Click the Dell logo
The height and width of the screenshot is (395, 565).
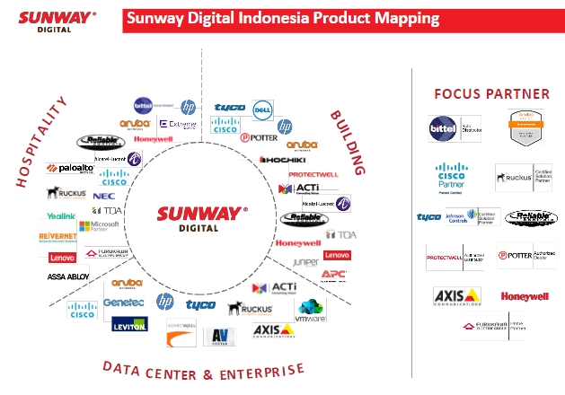click(262, 110)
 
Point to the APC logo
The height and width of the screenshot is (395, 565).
click(333, 275)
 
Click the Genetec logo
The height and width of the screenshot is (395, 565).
click(123, 303)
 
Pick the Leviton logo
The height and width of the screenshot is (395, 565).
click(129, 325)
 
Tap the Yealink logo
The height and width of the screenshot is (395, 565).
click(61, 216)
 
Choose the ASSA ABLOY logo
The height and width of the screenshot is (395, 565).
click(68, 276)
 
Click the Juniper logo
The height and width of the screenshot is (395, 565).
click(305, 262)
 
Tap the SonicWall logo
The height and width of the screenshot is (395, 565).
click(181, 337)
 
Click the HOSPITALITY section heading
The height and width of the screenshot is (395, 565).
click(42, 145)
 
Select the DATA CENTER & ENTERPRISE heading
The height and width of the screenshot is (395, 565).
click(204, 368)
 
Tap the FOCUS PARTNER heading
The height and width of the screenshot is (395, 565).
click(491, 93)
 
